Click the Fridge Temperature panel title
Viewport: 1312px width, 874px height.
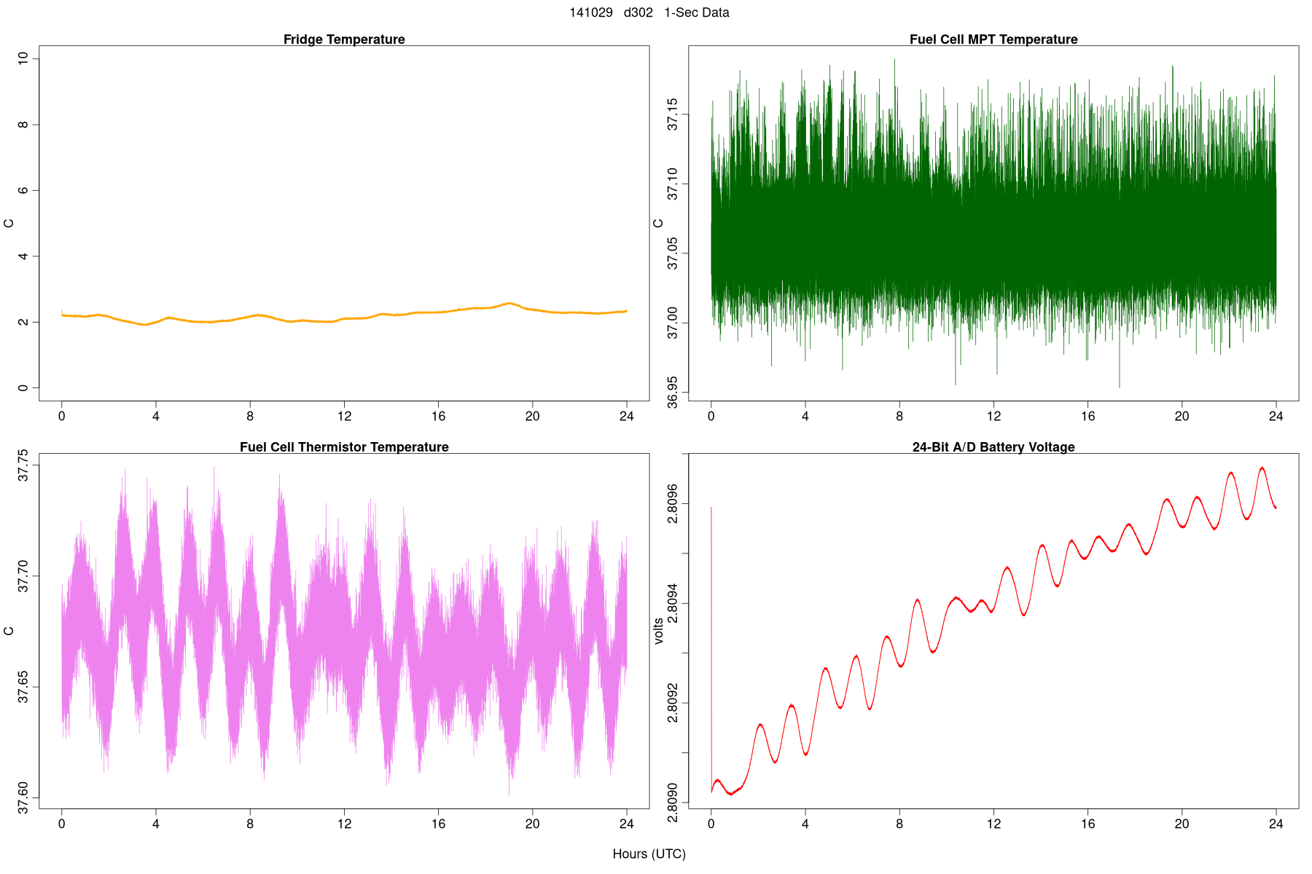coord(344,39)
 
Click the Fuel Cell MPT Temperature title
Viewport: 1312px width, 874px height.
coord(993,39)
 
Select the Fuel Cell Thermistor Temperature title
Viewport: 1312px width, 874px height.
coord(344,447)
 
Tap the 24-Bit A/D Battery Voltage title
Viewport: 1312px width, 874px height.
coord(993,447)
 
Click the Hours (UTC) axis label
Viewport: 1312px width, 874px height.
coord(649,854)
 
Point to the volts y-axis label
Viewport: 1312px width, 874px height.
coord(659,631)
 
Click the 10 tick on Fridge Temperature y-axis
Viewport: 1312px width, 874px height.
coord(23,58)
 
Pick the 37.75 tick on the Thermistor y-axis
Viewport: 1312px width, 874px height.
coord(23,465)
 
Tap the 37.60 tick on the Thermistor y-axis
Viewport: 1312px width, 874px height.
coord(23,798)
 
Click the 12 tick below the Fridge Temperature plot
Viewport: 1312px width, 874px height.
coord(344,417)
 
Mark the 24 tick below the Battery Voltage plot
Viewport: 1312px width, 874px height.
coord(1276,824)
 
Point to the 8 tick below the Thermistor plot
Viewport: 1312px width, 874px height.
coord(250,824)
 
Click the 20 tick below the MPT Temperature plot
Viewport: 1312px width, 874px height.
coord(1182,417)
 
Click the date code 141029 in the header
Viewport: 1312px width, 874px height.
coord(591,12)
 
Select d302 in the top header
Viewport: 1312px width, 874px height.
coord(639,12)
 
